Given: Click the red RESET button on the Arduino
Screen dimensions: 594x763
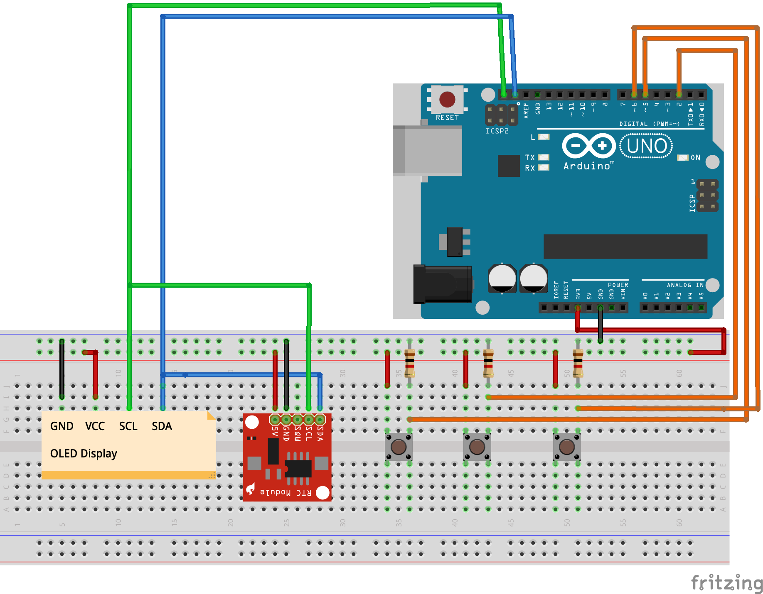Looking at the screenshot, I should [447, 100].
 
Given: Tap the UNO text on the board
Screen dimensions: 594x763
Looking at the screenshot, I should [646, 146].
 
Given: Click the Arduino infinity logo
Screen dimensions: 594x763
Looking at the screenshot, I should [588, 146].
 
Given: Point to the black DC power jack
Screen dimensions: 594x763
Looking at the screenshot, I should [443, 285].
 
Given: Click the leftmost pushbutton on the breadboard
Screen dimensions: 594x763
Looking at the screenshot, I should [399, 447].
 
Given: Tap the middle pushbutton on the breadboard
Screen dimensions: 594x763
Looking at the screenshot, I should [477, 447].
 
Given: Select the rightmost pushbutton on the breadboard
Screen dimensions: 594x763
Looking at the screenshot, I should [567, 447].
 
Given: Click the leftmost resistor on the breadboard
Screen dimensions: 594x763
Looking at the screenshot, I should [410, 363].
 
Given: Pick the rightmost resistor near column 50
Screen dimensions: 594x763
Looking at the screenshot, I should [578, 363].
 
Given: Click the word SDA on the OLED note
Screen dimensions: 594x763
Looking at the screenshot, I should [162, 426].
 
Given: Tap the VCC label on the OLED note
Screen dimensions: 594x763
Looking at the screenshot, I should [95, 426].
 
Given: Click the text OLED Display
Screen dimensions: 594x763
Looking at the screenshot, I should [84, 454].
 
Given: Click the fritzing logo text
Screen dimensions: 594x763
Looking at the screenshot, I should [726, 583].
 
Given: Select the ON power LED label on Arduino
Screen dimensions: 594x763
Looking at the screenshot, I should [695, 158].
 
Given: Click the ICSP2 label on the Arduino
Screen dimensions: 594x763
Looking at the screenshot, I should [497, 131].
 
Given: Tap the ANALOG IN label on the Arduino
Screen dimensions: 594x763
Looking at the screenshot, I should [685, 285].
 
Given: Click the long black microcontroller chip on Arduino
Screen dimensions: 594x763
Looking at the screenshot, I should [625, 247].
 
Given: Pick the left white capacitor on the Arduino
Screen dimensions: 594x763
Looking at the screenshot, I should [502, 278].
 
